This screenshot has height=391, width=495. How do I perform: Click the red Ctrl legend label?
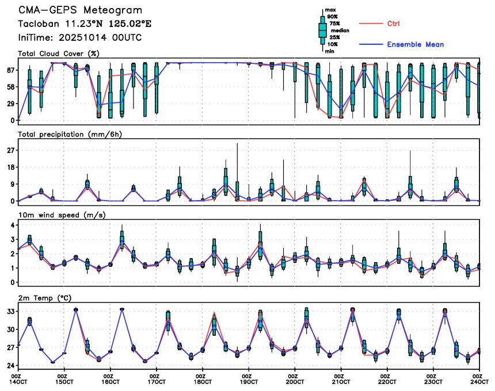(393, 24)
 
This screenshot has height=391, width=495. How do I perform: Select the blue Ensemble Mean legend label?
(415, 44)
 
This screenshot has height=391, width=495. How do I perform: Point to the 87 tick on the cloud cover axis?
(9, 70)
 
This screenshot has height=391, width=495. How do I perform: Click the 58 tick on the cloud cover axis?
(9, 87)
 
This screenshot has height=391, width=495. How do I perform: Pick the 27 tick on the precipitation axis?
(9, 150)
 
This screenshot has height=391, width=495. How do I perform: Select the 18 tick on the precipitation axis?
(9, 167)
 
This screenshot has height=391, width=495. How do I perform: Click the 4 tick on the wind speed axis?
(12, 225)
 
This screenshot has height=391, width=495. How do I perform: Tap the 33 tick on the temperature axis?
(9, 311)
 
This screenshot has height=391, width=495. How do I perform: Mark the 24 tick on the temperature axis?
(9, 365)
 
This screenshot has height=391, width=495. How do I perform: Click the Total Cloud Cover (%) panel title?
(59, 53)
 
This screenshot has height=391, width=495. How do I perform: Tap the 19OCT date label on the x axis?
(249, 381)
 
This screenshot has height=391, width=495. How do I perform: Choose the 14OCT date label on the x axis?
(18, 381)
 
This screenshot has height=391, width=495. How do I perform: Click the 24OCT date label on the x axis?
(479, 381)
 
